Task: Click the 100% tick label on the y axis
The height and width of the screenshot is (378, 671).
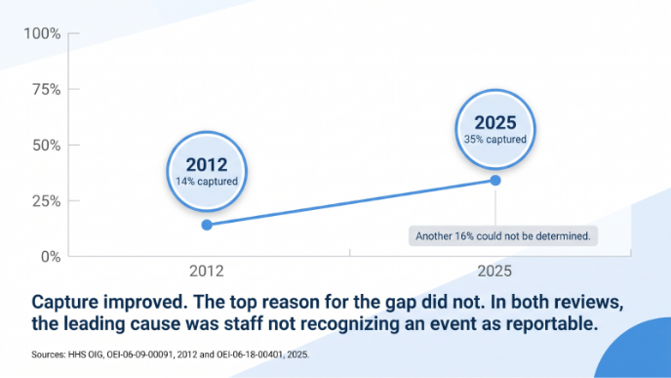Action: pos(42,33)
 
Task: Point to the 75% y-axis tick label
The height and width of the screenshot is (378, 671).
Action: pos(46,89)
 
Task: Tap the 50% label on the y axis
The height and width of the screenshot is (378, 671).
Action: pos(46,146)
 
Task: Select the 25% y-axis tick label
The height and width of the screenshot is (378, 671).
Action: pos(46,201)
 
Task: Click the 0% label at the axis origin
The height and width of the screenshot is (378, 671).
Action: pos(51,257)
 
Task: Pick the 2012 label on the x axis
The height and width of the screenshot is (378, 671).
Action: pos(207,271)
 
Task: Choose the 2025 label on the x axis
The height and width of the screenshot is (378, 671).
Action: pos(494,271)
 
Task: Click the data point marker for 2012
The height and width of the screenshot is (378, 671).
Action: pos(207,225)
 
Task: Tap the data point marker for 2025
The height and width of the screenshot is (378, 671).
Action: pos(495,181)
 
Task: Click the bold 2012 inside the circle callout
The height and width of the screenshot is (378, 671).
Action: pos(207,165)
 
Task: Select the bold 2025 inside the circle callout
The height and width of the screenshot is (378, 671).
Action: pos(495,123)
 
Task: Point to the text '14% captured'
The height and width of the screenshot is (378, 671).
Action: pos(207,182)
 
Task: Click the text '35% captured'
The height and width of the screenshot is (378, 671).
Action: pos(495,140)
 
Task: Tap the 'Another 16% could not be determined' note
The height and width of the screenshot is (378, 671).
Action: pos(503,236)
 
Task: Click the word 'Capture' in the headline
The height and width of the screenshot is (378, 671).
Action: pos(66,303)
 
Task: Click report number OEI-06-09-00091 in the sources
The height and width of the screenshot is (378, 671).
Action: pos(139,355)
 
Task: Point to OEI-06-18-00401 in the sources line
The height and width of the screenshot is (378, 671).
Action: pos(250,355)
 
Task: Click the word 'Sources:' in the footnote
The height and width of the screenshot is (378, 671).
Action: pos(49,355)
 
